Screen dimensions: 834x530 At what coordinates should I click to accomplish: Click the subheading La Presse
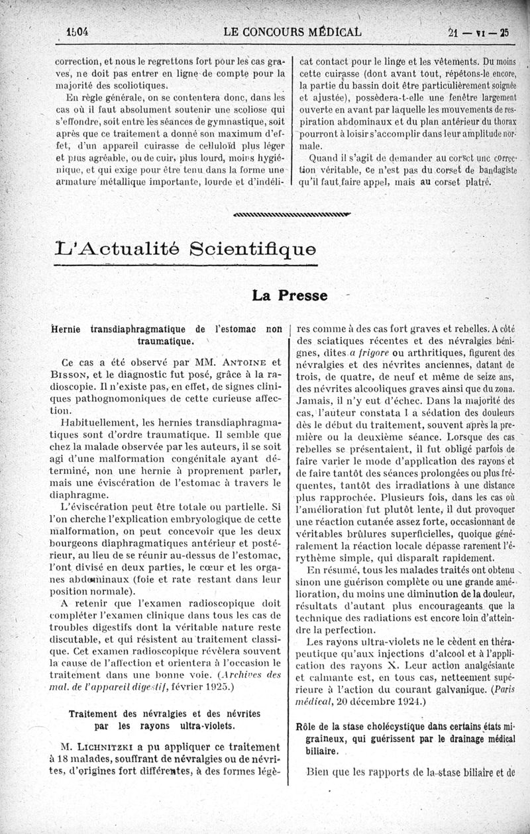290,295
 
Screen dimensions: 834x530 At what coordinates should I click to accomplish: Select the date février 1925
201,687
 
